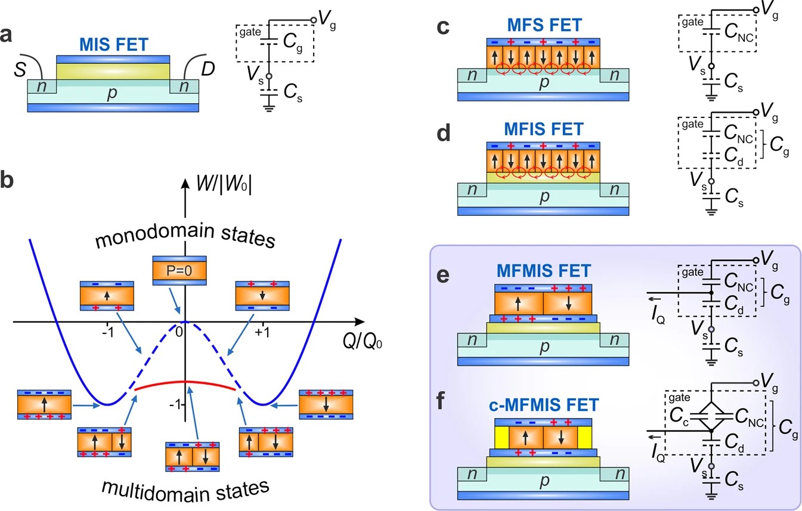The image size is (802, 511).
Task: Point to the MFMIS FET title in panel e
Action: click(x=544, y=271)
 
